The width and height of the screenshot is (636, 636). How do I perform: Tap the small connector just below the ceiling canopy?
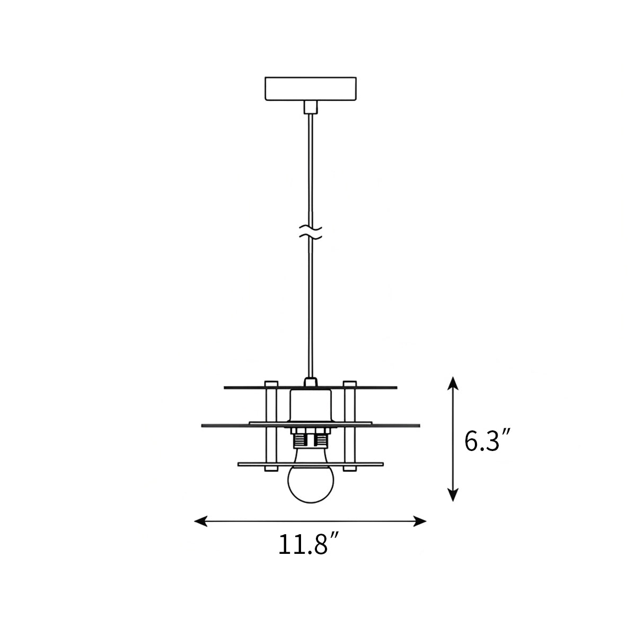(x=310, y=107)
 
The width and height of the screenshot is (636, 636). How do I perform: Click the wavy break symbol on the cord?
(x=311, y=233)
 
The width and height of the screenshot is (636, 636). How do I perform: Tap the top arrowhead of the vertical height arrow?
(x=452, y=383)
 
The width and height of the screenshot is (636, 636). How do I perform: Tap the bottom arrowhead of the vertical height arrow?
(x=452, y=495)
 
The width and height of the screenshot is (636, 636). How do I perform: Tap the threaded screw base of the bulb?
(x=310, y=439)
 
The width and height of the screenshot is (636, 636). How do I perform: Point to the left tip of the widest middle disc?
(x=204, y=425)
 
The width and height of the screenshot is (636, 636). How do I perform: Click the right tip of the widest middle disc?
(x=418, y=425)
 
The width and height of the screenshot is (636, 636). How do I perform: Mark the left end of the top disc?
(x=226, y=387)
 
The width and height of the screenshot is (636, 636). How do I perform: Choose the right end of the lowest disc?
(x=382, y=464)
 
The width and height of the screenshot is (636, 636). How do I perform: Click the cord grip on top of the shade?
(x=310, y=382)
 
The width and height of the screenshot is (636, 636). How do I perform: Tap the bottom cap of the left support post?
(x=271, y=469)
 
